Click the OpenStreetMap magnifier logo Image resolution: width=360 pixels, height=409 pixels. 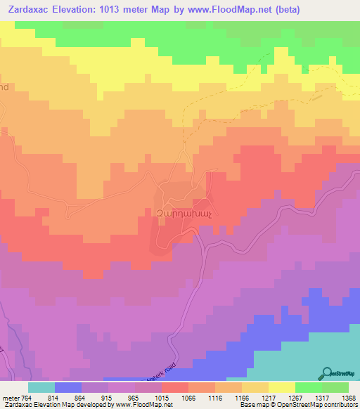tap(327, 373)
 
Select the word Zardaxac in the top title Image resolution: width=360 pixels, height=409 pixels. tap(27, 9)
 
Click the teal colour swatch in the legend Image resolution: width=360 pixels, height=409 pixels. tap(41, 387)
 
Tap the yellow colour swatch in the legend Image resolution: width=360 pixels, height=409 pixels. tap(281, 387)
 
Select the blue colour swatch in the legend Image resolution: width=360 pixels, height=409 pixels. tap(68, 387)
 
